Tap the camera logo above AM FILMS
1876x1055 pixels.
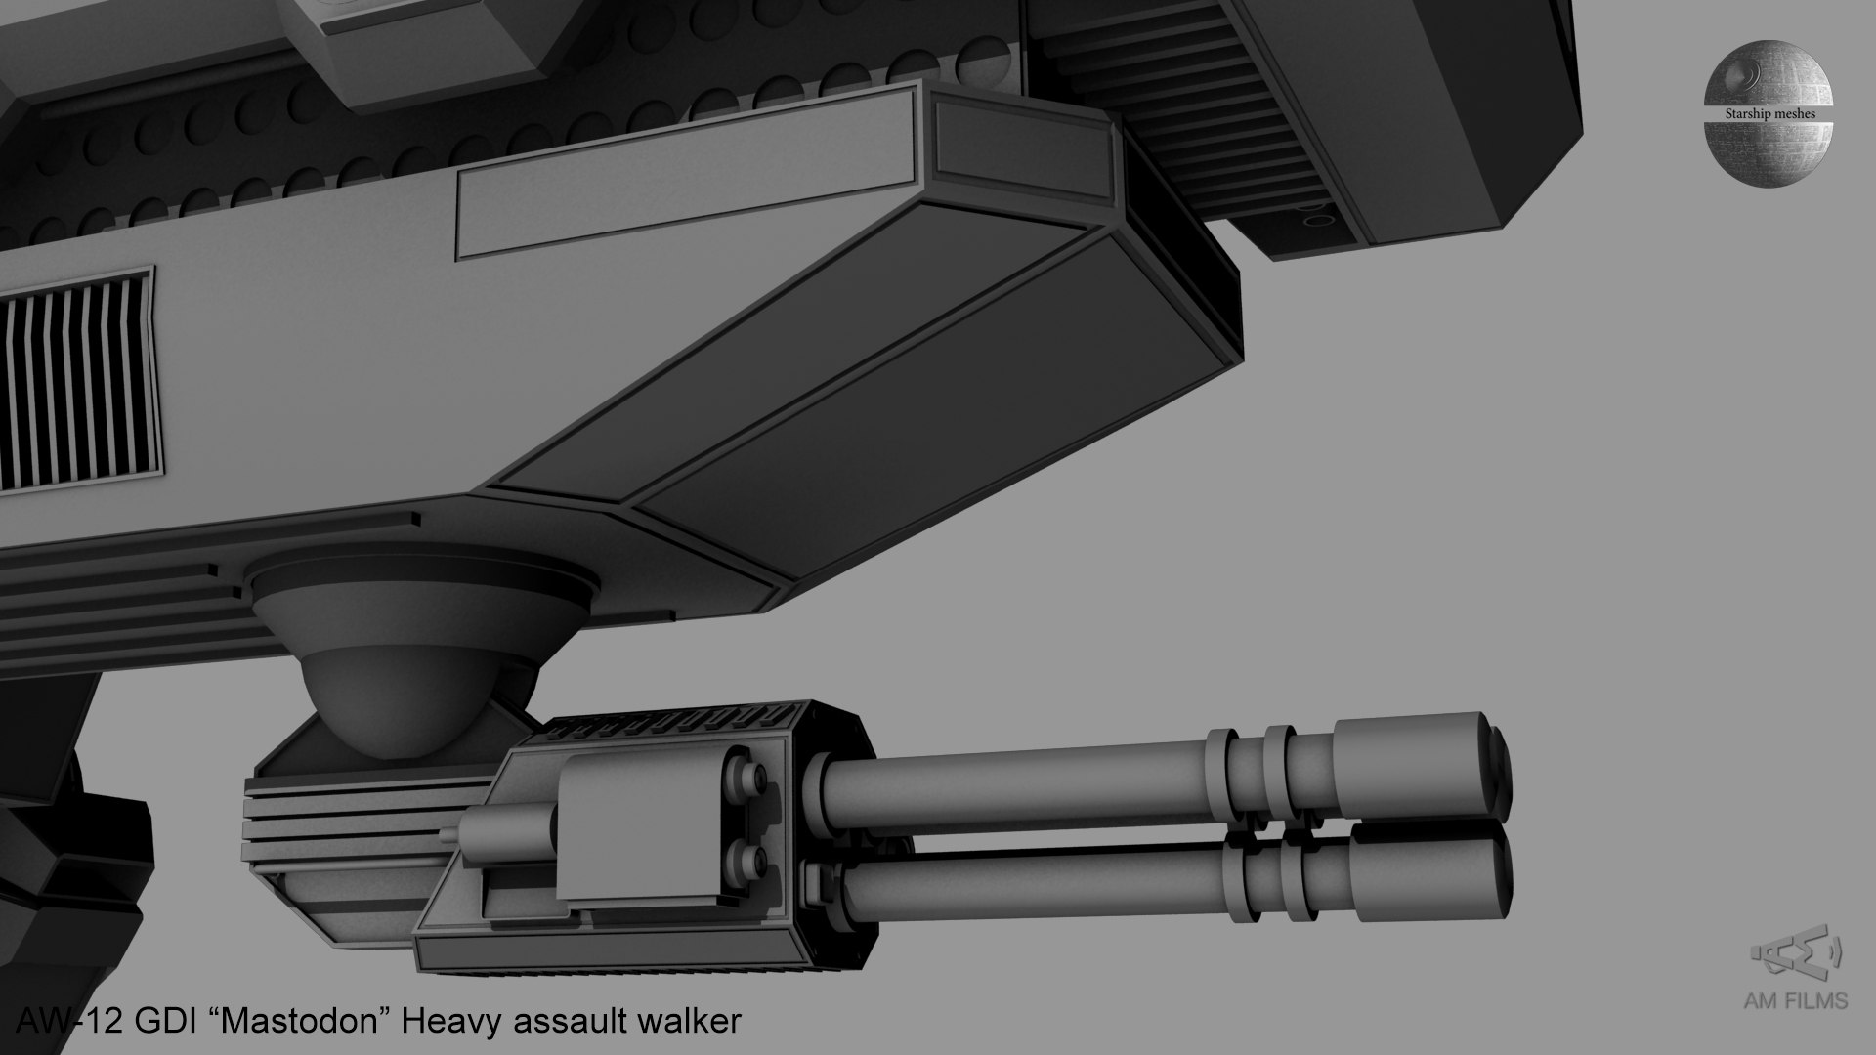1795,954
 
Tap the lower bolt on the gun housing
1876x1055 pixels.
753,861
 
